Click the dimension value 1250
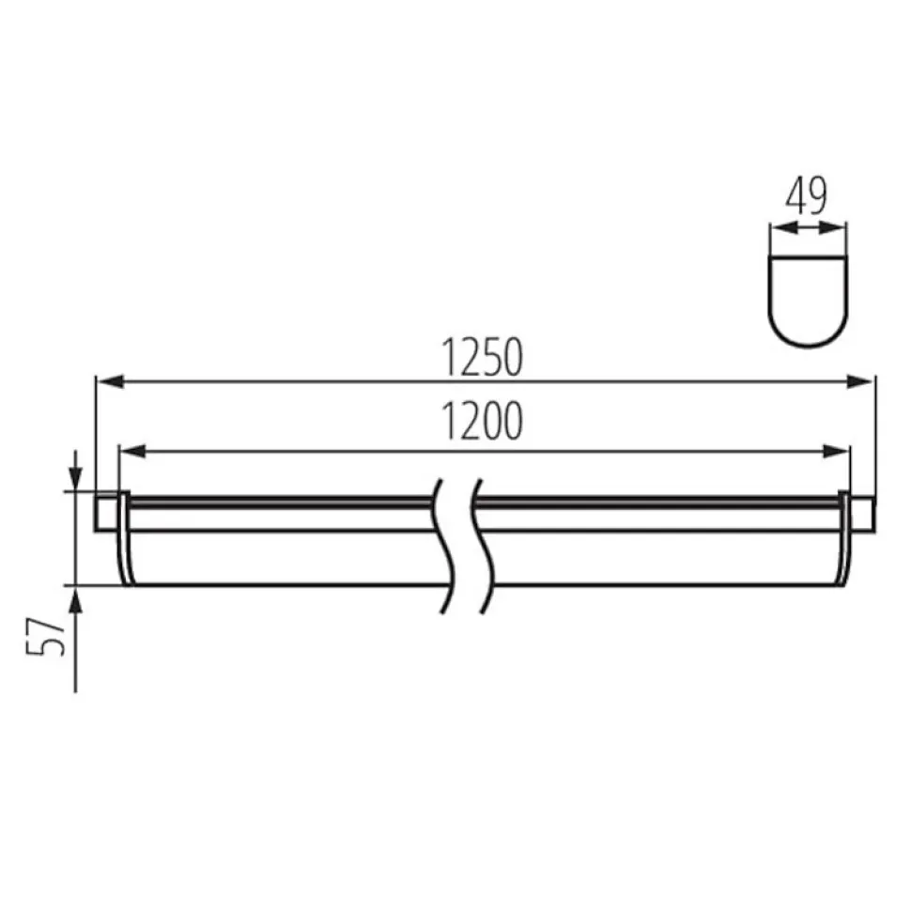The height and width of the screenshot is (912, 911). pyautogui.click(x=482, y=357)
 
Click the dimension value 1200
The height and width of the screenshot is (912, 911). pyautogui.click(x=482, y=421)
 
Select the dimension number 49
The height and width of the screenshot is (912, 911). pyautogui.click(x=806, y=196)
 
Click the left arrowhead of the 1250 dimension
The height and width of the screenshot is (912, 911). pyautogui.click(x=110, y=381)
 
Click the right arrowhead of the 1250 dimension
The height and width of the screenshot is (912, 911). pyautogui.click(x=859, y=381)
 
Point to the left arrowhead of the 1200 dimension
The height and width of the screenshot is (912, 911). pyautogui.click(x=133, y=451)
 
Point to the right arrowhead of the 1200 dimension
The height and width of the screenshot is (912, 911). pyautogui.click(x=835, y=451)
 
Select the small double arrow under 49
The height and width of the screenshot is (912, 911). pyautogui.click(x=808, y=228)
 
